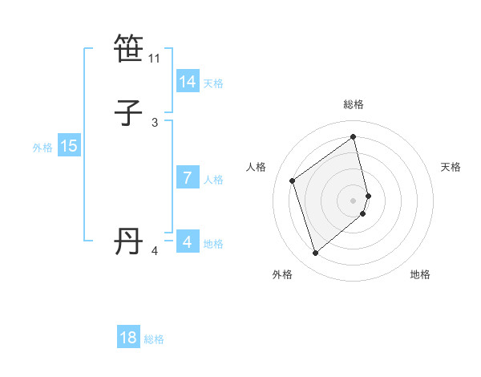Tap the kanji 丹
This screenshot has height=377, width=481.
[128, 241]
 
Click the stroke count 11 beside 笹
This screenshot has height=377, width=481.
[155, 59]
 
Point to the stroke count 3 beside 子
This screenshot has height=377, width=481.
[155, 122]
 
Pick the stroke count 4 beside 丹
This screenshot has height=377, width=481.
[155, 251]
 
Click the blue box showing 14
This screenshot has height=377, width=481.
[187, 82]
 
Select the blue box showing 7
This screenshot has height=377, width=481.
[187, 178]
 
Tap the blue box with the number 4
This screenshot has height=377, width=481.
[187, 241]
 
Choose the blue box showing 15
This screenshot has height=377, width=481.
[68, 146]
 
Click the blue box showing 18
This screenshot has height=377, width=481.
[128, 338]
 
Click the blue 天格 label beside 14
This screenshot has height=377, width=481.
[213, 83]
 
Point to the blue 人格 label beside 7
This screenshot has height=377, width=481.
[213, 180]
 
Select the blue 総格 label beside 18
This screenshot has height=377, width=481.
[154, 339]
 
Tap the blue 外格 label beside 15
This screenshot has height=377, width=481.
[42, 148]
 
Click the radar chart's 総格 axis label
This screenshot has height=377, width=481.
[354, 104]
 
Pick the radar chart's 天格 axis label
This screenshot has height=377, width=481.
[451, 167]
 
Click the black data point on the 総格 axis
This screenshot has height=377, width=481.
[354, 137]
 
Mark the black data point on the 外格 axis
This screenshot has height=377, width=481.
[315, 253]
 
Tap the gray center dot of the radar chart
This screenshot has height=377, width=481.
[354, 199]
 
